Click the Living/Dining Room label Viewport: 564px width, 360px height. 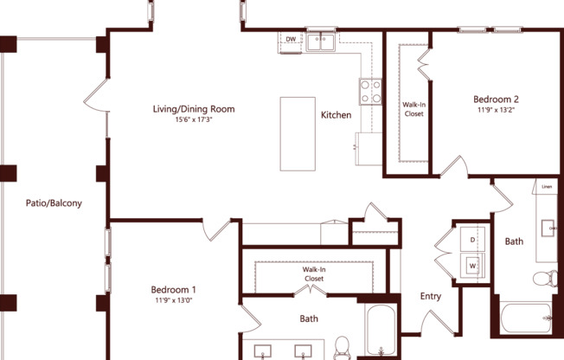point(194,110)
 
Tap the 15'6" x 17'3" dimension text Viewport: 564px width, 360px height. point(194,120)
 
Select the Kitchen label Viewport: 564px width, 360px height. point(336,115)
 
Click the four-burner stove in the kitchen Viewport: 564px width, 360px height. point(372,91)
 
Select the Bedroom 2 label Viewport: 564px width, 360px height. point(496,99)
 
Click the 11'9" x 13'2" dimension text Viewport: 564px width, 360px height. point(496,110)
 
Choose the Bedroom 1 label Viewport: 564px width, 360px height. point(173,289)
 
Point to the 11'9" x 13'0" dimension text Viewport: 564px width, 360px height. point(173,300)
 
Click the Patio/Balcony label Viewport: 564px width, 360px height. point(53,203)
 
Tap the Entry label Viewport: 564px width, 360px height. point(430,297)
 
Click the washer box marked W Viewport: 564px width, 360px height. point(473,265)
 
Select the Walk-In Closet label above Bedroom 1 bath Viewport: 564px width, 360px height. point(313,274)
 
